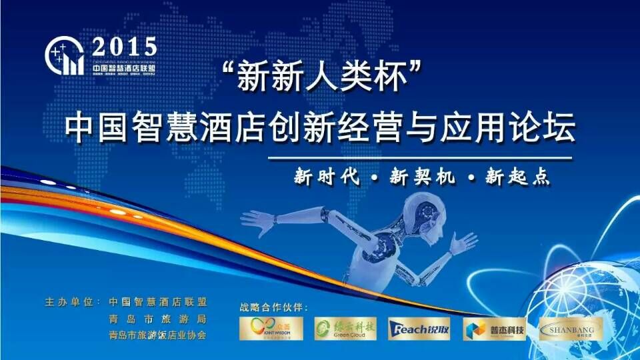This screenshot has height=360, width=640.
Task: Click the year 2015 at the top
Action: (x=125, y=47)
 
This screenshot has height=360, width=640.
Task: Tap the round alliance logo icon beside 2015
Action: (x=64, y=56)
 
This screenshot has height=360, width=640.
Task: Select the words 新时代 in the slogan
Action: (x=327, y=177)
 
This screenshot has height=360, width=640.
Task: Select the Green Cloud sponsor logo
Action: (x=345, y=328)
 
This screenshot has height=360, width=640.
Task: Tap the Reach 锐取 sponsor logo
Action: (x=419, y=328)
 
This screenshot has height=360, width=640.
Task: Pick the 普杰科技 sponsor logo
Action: (x=494, y=328)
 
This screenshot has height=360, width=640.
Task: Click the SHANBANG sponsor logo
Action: (x=569, y=328)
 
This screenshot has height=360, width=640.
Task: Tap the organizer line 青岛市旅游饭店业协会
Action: (x=157, y=335)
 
